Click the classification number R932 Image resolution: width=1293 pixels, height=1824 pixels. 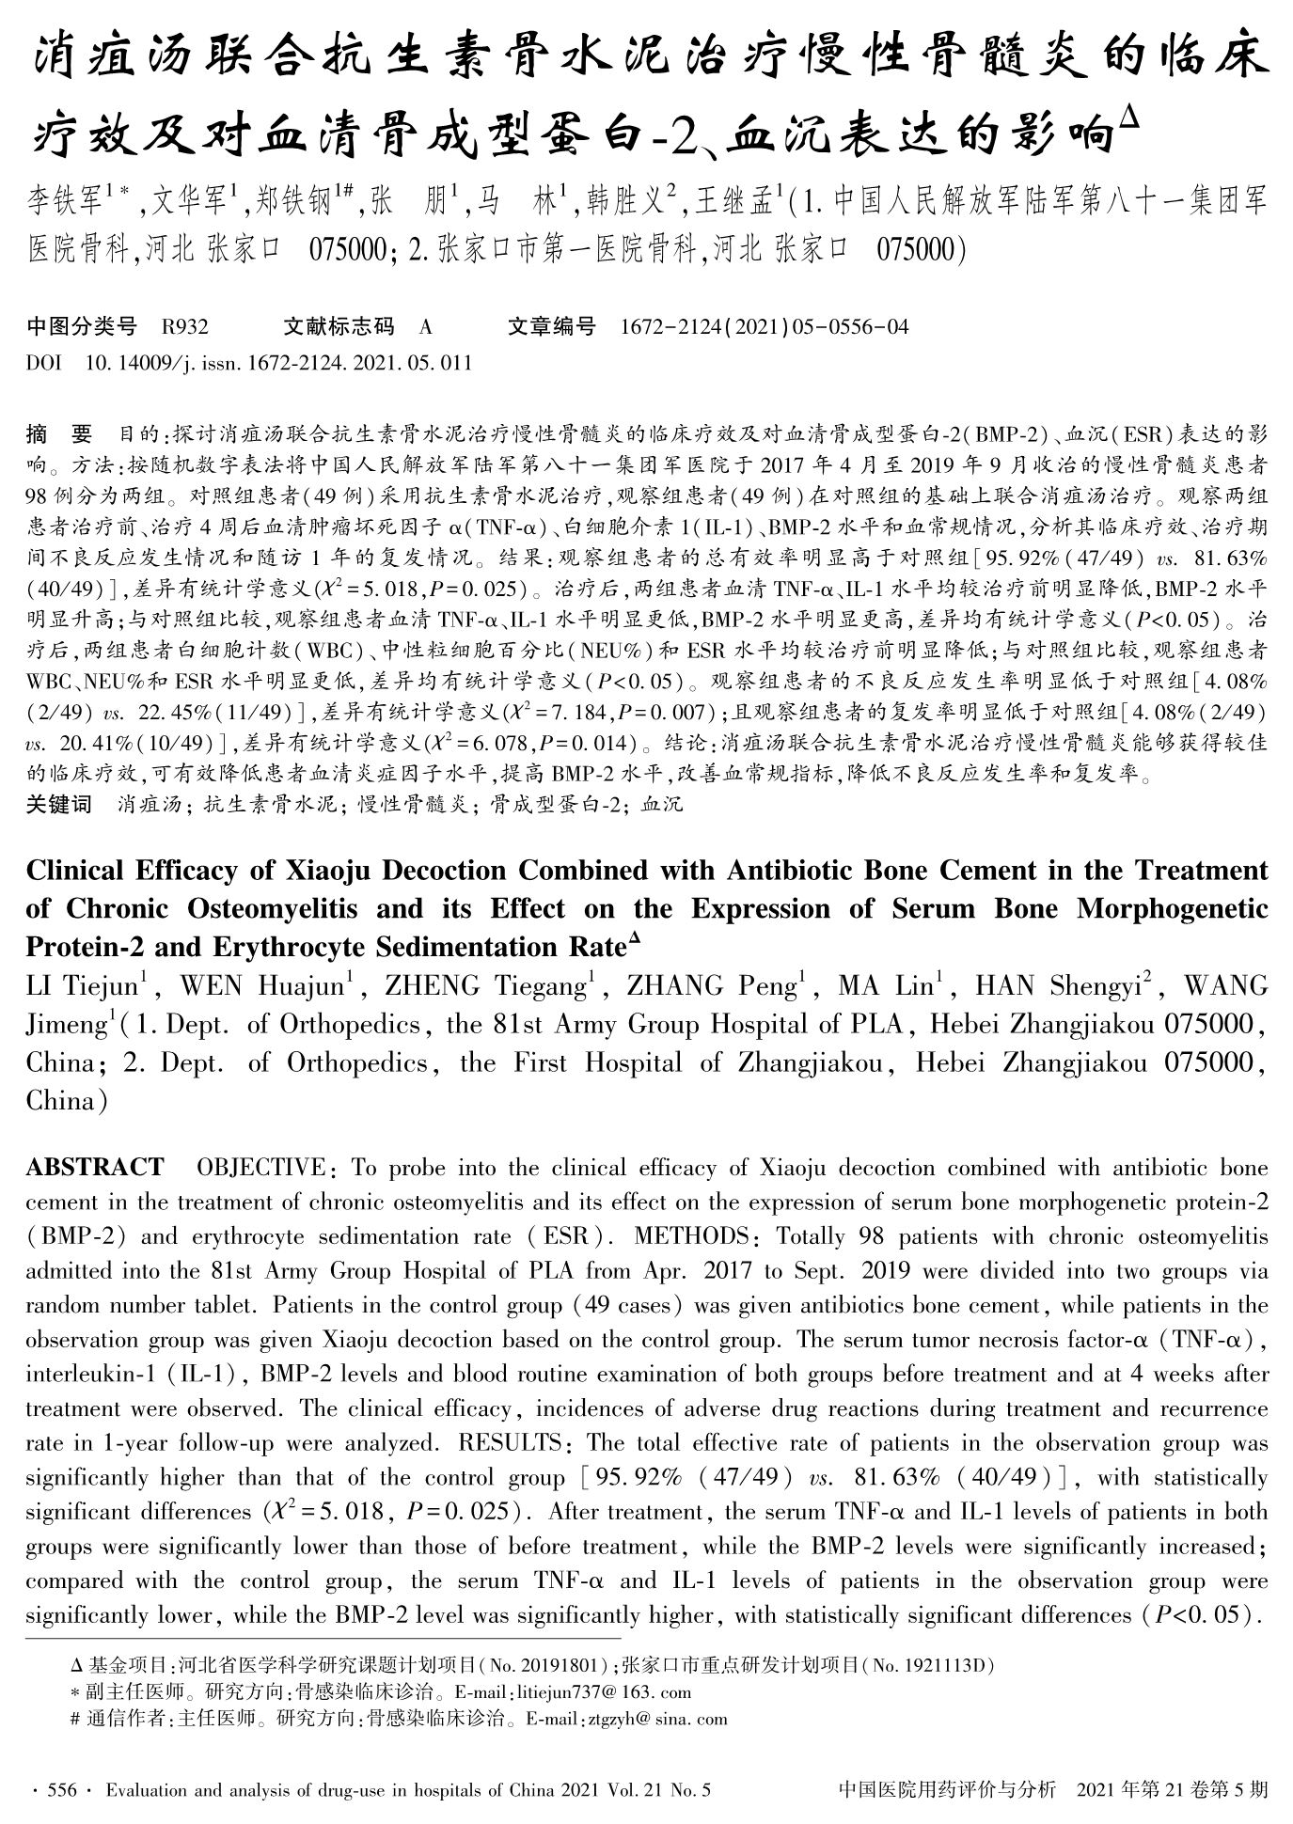point(184,327)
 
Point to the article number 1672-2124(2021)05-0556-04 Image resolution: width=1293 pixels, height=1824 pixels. point(765,327)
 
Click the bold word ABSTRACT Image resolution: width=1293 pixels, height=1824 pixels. point(94,1169)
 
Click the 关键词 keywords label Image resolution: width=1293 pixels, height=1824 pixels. point(59,805)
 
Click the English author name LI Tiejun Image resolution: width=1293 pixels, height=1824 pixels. point(82,986)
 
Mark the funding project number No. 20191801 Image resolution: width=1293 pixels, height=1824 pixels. point(543,1665)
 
